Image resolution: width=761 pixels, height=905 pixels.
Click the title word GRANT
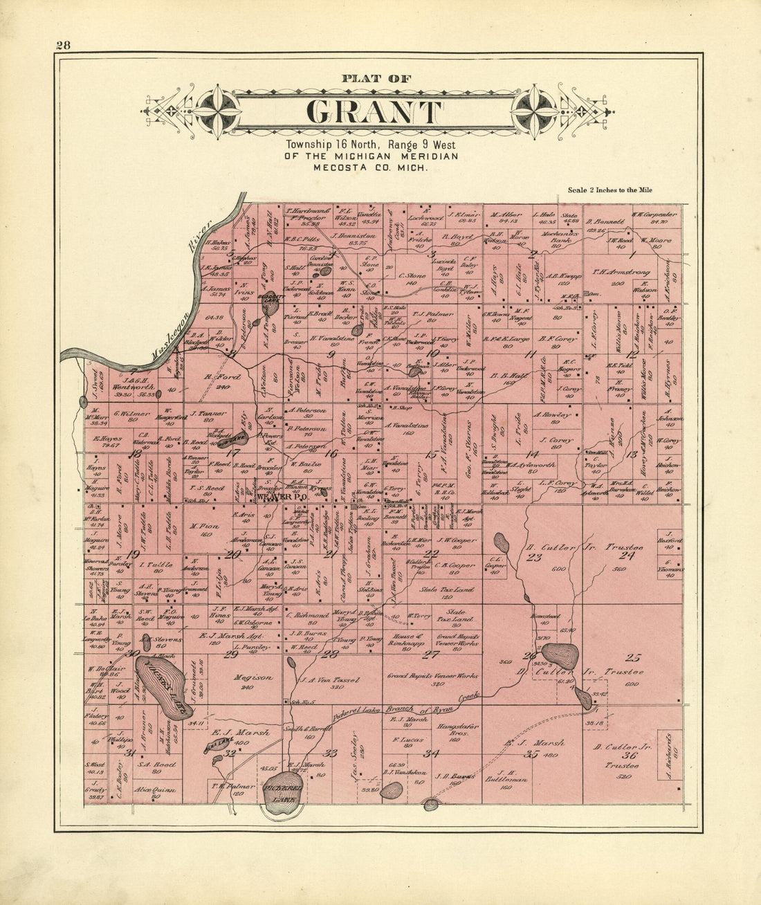[x=374, y=111]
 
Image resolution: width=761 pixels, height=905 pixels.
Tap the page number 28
[x=63, y=46]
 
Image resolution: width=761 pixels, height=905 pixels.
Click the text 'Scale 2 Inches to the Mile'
[x=609, y=190]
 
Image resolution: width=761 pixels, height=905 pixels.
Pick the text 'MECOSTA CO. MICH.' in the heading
[x=370, y=167]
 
